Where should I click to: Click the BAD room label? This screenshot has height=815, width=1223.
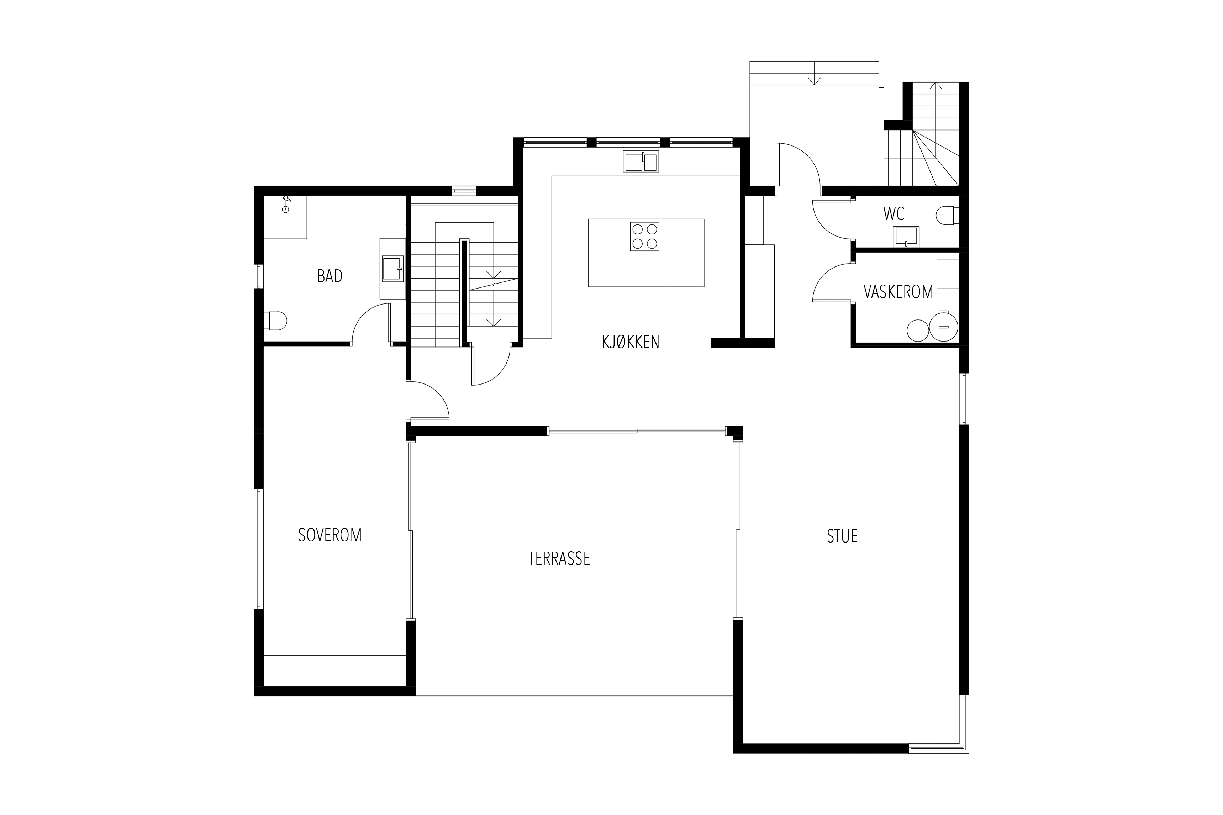click(330, 276)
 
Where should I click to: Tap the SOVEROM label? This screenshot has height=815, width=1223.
click(330, 535)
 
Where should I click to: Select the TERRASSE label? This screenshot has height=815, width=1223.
click(559, 558)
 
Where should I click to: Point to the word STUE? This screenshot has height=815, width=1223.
click(842, 536)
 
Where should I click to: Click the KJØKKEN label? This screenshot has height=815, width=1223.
click(631, 342)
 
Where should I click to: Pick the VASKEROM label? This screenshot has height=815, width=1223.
click(898, 292)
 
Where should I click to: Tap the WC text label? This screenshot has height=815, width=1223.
click(893, 213)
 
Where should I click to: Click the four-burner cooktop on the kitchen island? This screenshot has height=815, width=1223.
click(644, 237)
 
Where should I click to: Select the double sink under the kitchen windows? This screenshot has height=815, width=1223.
click(641, 161)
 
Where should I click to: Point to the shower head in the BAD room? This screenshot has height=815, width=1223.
click(285, 204)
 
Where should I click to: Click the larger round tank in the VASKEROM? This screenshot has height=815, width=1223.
click(943, 326)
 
